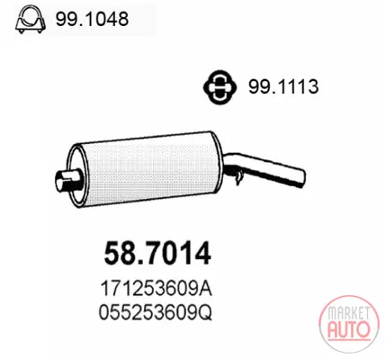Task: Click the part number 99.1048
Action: (92, 19)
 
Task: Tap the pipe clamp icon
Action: (31, 20)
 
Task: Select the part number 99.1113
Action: (283, 87)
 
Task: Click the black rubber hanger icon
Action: (219, 87)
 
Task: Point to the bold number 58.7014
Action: (157, 254)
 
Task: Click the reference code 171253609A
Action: (156, 289)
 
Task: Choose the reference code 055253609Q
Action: (156, 313)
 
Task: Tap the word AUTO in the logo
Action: (348, 329)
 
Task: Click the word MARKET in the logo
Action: (348, 313)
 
